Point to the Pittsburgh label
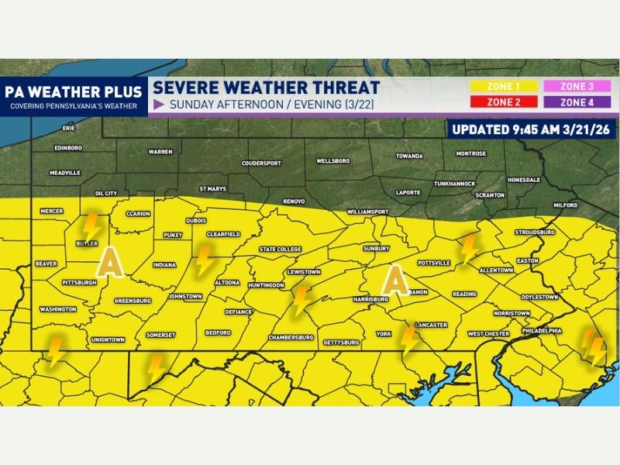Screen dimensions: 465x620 coord(78,282)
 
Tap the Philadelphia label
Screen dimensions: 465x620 coord(541,330)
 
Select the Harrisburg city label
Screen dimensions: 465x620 coord(370,298)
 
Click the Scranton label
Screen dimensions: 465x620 coord(491,195)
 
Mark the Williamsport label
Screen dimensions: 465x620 coord(367,211)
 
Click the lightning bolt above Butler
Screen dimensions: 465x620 coord(91,227)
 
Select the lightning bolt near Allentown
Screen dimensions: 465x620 coord(467,250)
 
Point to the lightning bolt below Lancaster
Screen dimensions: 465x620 coord(409,341)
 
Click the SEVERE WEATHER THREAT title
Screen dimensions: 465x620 coord(266,88)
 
